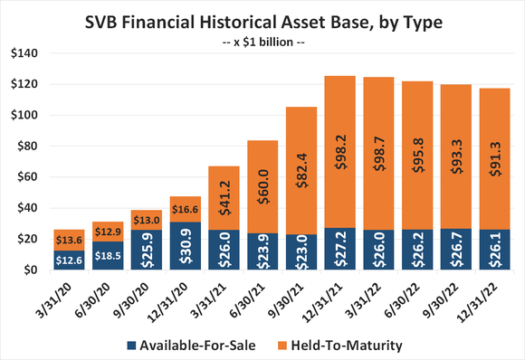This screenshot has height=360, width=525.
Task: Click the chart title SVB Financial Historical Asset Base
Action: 262,20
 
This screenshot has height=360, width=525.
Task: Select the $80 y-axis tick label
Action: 25,147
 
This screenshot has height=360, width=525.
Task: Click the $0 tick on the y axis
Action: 29,270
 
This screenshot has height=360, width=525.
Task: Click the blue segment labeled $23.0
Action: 302,252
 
